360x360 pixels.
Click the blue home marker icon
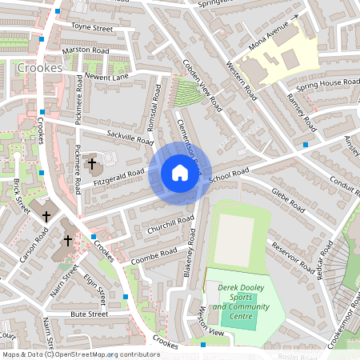point(180,173)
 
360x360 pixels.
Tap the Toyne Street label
point(92,27)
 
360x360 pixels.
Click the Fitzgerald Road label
point(118,178)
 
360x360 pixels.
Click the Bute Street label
point(88,314)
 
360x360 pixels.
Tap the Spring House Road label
point(320,85)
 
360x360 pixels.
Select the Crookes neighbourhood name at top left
point(38,68)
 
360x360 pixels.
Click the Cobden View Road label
point(200,84)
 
